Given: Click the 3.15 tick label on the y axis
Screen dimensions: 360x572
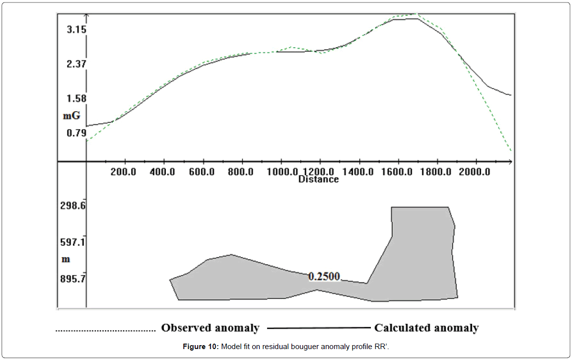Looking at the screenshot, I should [x=76, y=30].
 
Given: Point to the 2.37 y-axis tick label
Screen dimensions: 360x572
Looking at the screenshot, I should [x=76, y=64].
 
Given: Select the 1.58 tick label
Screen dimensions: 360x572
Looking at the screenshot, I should [x=76, y=98].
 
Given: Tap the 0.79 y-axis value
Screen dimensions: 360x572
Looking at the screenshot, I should [x=76, y=133].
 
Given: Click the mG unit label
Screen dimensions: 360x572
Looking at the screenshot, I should [x=71, y=116].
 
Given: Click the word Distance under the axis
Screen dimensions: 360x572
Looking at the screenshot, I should [x=318, y=179].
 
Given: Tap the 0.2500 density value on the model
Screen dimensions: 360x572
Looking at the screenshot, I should [x=324, y=277].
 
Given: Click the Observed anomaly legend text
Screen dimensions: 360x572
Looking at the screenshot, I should [x=210, y=328].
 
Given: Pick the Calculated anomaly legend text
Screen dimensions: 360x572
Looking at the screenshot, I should [x=427, y=328].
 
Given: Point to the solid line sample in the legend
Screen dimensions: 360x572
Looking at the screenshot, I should [x=319, y=328].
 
